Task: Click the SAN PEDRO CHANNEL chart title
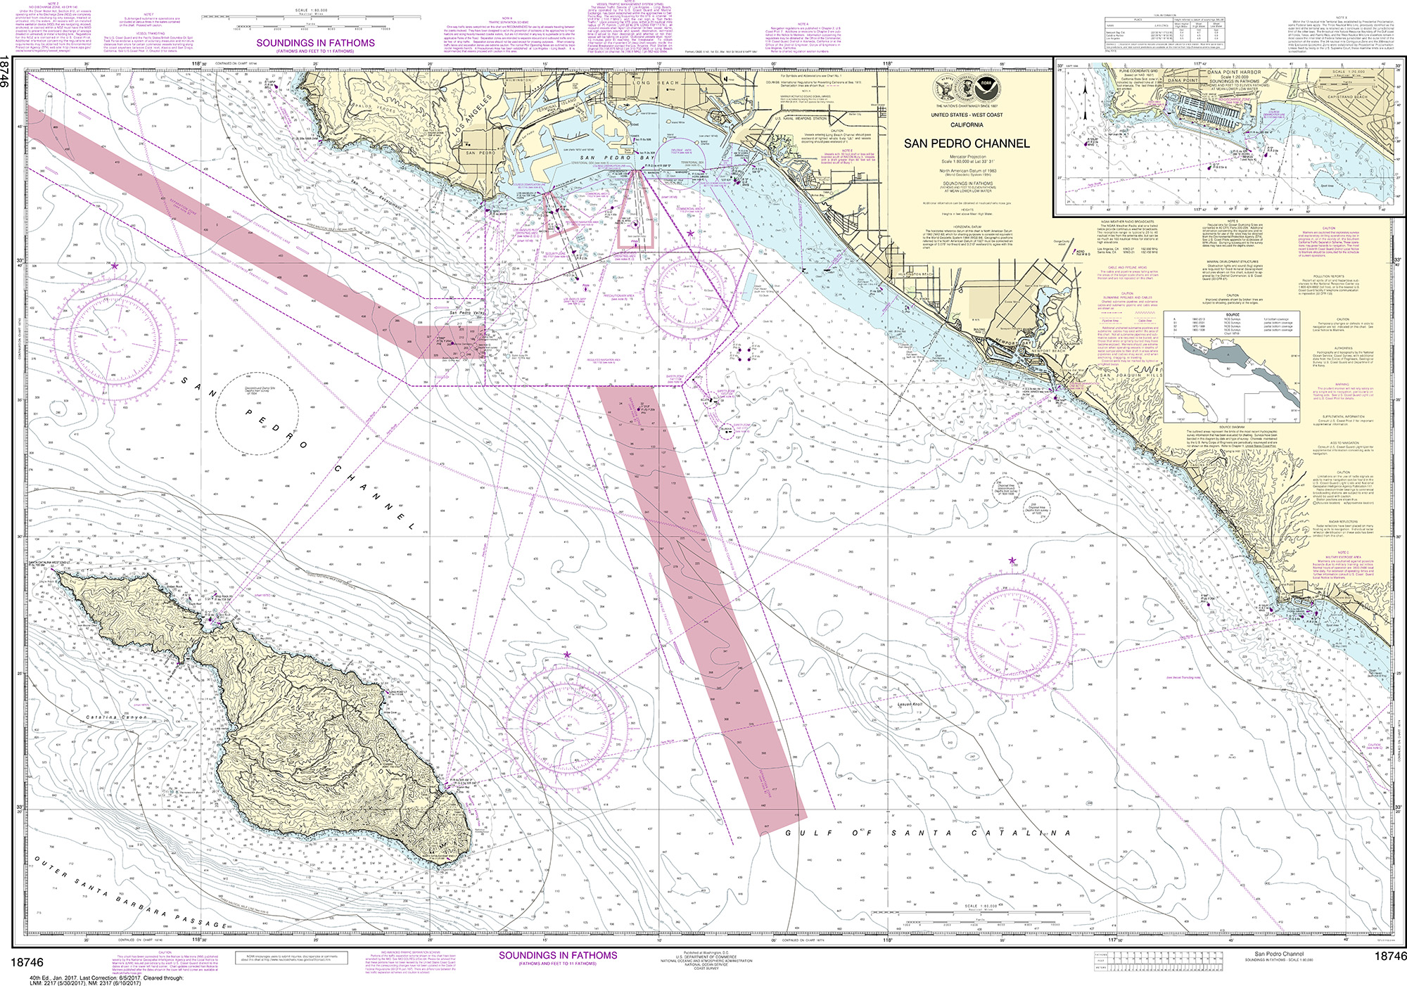pyautogui.click(x=966, y=143)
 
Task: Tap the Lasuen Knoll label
pyautogui.click(x=909, y=705)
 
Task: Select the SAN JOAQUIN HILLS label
pyautogui.click(x=1131, y=376)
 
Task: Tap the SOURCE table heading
pyautogui.click(x=1232, y=314)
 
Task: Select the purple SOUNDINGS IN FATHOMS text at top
pyautogui.click(x=315, y=43)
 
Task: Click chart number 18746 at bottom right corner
pyautogui.click(x=1389, y=956)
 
